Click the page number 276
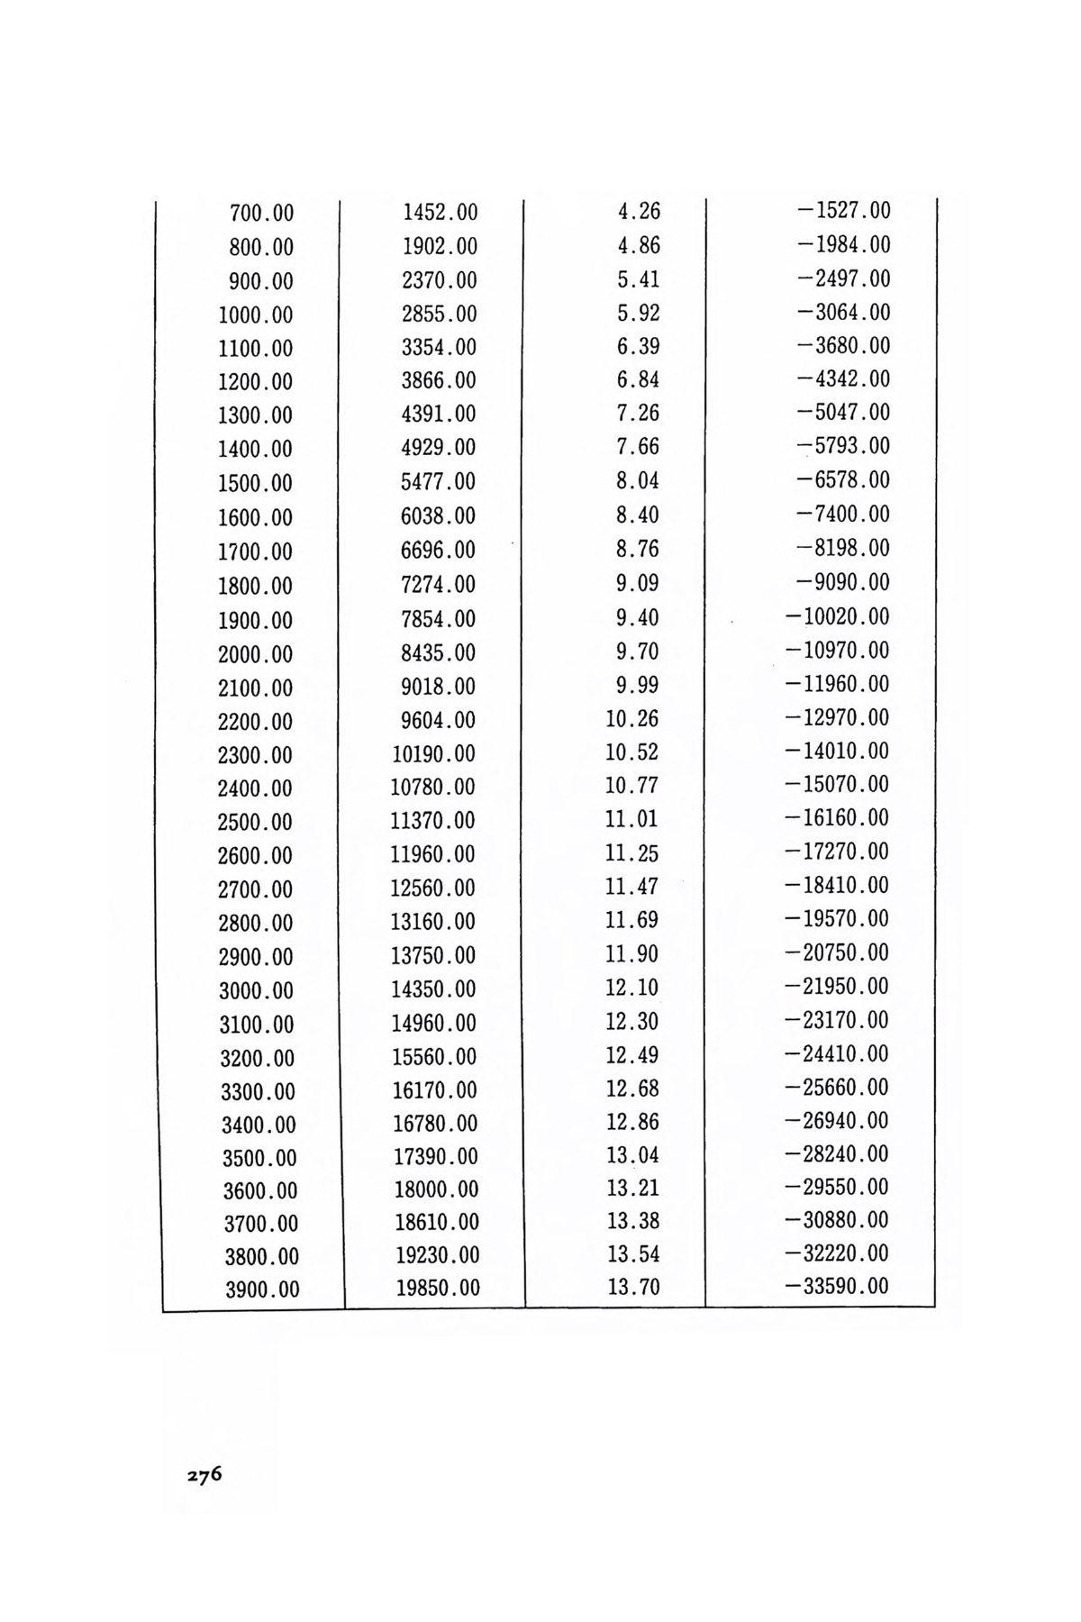[x=204, y=1476]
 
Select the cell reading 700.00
[x=262, y=214]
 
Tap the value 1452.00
[x=440, y=213]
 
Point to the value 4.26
[x=639, y=212]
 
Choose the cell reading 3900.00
[x=262, y=1289]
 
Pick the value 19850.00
[x=438, y=1289]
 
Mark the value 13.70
[x=633, y=1287]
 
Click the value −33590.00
[x=837, y=1286]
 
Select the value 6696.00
[x=438, y=550]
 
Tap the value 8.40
[x=638, y=515]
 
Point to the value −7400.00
[x=843, y=515]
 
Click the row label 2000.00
[x=256, y=654]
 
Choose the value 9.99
[x=639, y=685]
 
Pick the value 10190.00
[x=432, y=753]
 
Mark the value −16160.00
[x=837, y=818]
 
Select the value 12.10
[x=632, y=988]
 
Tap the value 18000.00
[x=437, y=1189]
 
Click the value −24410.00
[x=837, y=1054]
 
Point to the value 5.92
[x=639, y=314]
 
